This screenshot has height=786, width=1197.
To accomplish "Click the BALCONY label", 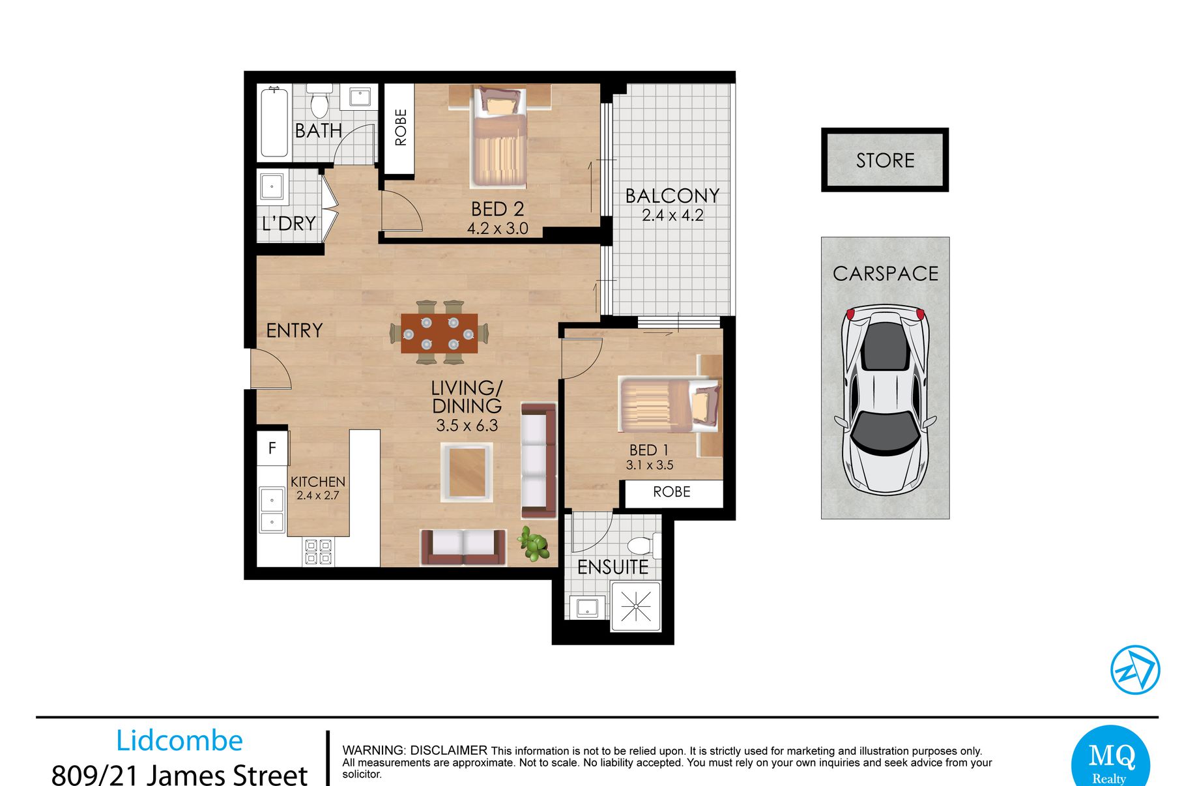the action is [672, 196].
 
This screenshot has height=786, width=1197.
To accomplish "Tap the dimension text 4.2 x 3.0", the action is [497, 229].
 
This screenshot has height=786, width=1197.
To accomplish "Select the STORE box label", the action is [885, 160].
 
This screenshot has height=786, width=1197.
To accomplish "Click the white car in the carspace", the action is [885, 399].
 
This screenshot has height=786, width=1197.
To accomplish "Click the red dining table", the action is [439, 333].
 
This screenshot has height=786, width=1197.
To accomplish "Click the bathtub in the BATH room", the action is [274, 123].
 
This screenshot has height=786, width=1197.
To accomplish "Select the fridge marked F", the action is [272, 448].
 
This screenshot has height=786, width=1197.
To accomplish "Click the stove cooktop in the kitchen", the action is [318, 551].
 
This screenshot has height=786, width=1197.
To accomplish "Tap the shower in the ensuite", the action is [636, 607].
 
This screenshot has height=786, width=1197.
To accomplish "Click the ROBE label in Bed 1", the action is [671, 491].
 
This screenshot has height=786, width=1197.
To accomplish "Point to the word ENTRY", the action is [295, 330].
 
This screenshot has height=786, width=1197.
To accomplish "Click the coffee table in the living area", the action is [467, 472].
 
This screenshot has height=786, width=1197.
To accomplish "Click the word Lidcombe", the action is [179, 740].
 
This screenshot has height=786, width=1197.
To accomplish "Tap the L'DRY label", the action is [289, 224].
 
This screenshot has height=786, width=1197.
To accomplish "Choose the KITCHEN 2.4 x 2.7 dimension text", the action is [318, 488].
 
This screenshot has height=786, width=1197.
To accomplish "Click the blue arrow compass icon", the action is [1135, 670].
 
